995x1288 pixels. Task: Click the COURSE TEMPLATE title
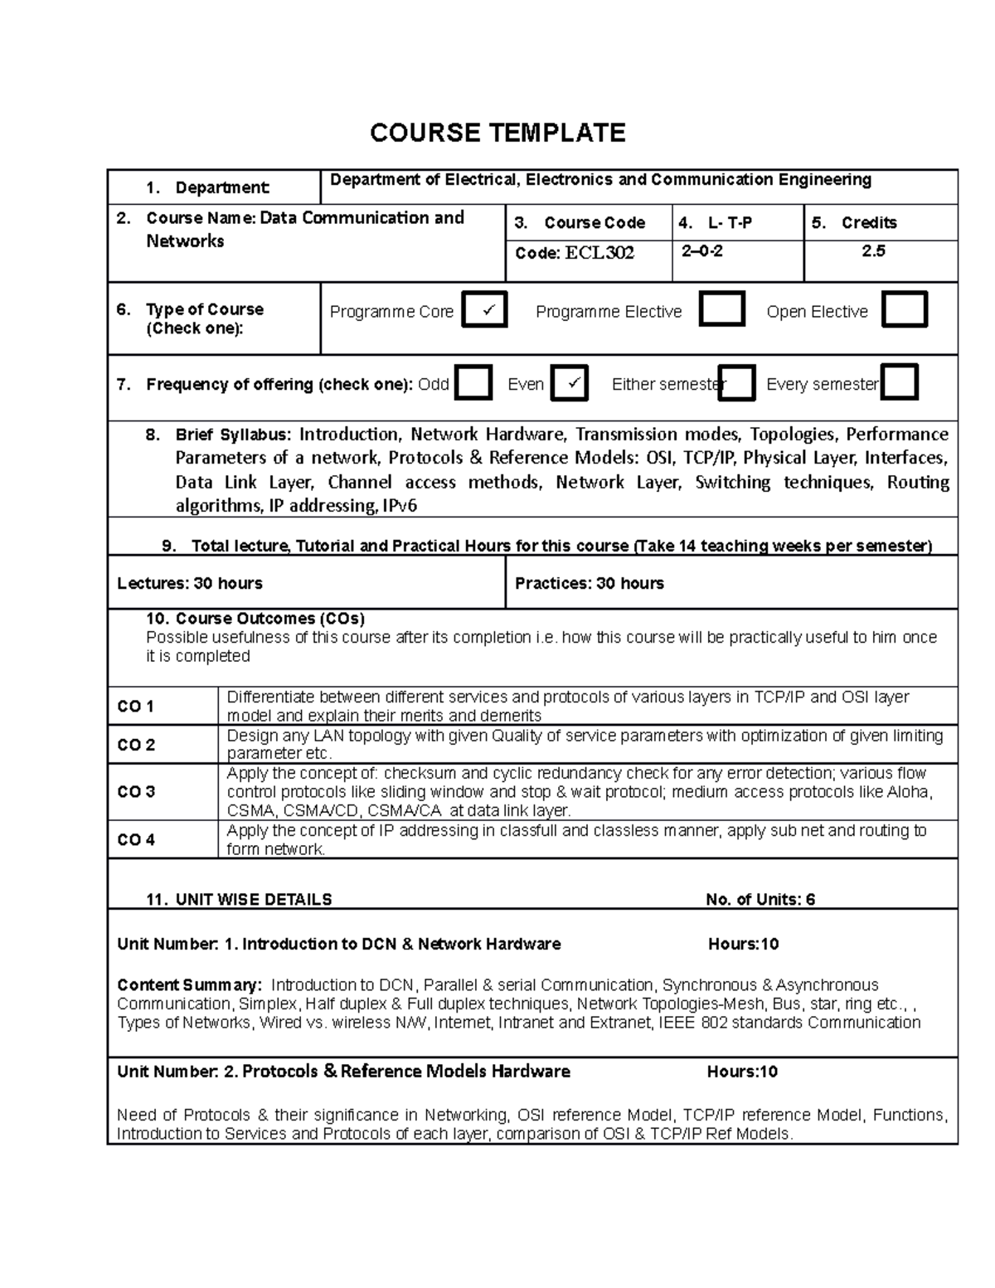[x=497, y=133]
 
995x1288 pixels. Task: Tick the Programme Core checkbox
[x=483, y=310]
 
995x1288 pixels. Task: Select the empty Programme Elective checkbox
[x=721, y=309]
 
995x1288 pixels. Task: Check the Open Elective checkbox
[x=904, y=309]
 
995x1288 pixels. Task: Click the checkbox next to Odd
[x=473, y=384]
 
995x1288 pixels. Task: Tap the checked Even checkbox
[x=569, y=384]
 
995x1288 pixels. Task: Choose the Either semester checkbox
[x=736, y=384]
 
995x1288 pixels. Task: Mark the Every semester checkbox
[x=899, y=383]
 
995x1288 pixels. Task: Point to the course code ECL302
[x=599, y=253]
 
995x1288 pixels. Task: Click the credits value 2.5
[x=873, y=251]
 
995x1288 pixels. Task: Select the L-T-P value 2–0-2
[x=701, y=251]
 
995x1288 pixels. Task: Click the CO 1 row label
[x=135, y=707]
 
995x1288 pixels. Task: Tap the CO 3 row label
[x=136, y=792]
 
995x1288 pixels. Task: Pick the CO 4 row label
[x=136, y=840]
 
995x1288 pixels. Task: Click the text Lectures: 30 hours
[x=190, y=584]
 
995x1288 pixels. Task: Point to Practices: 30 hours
[x=589, y=584]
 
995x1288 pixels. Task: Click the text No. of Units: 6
[x=760, y=900]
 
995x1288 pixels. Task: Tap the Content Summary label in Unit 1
[x=189, y=985]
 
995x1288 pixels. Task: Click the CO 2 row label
[x=136, y=745]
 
